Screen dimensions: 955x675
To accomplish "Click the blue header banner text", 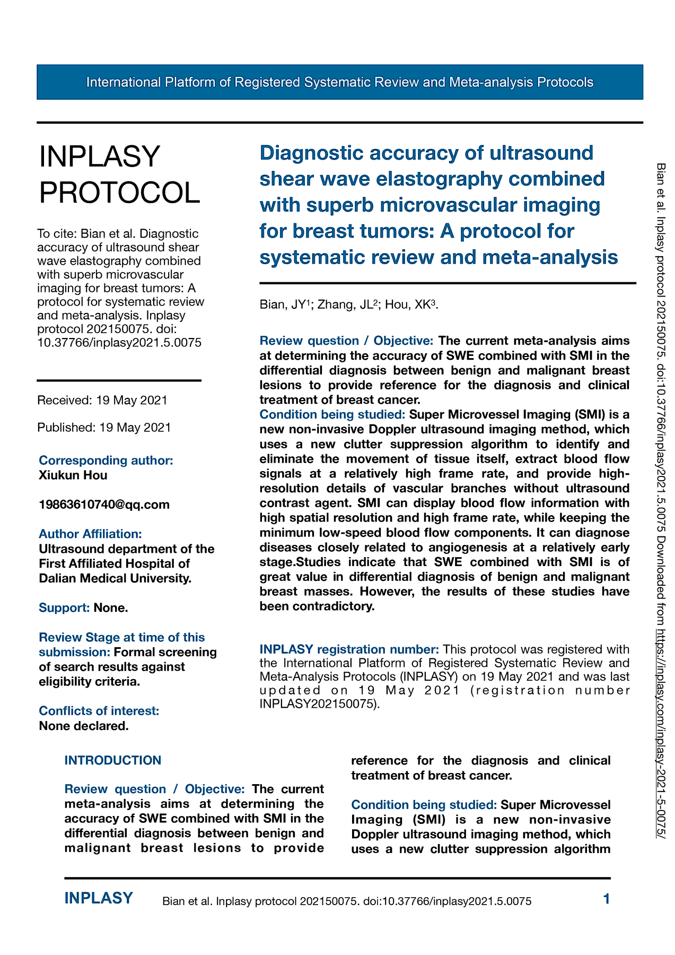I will (339, 82).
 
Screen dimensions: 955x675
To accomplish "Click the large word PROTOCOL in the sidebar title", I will (120, 192).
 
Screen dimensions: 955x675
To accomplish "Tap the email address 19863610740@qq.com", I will (104, 505).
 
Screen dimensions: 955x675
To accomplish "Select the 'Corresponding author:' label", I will (106, 461).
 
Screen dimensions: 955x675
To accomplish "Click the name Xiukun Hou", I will (73, 475).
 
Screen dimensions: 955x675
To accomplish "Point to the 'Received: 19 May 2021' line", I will (102, 400).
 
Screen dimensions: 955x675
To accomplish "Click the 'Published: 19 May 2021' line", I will (104, 427).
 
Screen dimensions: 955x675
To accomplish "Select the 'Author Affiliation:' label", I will (91, 534).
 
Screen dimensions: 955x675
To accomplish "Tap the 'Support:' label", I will (64, 608).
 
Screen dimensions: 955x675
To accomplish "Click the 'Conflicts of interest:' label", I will (99, 711).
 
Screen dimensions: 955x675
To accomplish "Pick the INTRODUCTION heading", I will (113, 760).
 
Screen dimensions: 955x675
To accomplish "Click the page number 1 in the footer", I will (607, 899).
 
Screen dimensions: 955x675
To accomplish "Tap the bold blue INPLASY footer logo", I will (99, 898).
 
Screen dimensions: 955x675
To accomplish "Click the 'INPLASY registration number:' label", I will (349, 649).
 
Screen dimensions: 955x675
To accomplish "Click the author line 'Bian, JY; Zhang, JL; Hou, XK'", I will (348, 305).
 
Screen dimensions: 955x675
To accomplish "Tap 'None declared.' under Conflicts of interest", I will (84, 726).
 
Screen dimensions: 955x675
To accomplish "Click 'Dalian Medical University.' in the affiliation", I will (115, 578).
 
